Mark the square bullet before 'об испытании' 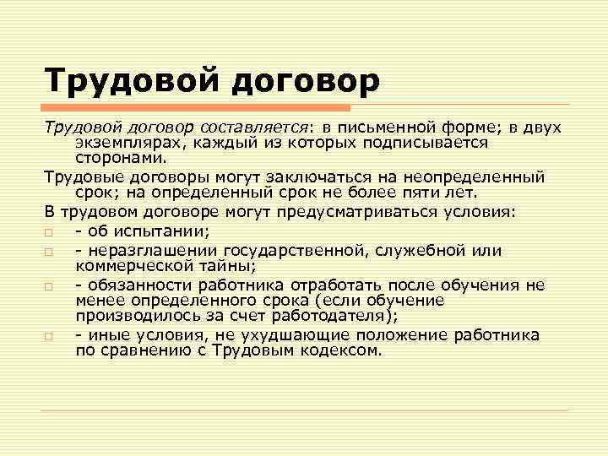pos(49,231)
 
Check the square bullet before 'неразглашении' pos(49,252)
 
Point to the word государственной pos(303,251)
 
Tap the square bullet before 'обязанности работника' pos(49,287)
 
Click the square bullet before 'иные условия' pos(49,336)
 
